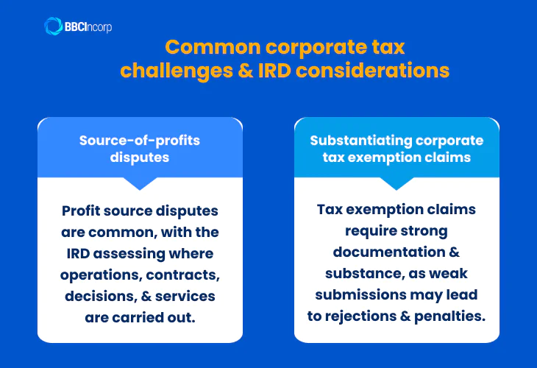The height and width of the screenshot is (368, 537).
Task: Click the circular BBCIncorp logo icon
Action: [x=53, y=26]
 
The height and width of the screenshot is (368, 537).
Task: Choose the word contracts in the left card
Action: [x=183, y=275]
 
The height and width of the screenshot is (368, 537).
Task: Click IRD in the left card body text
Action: [x=76, y=254]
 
